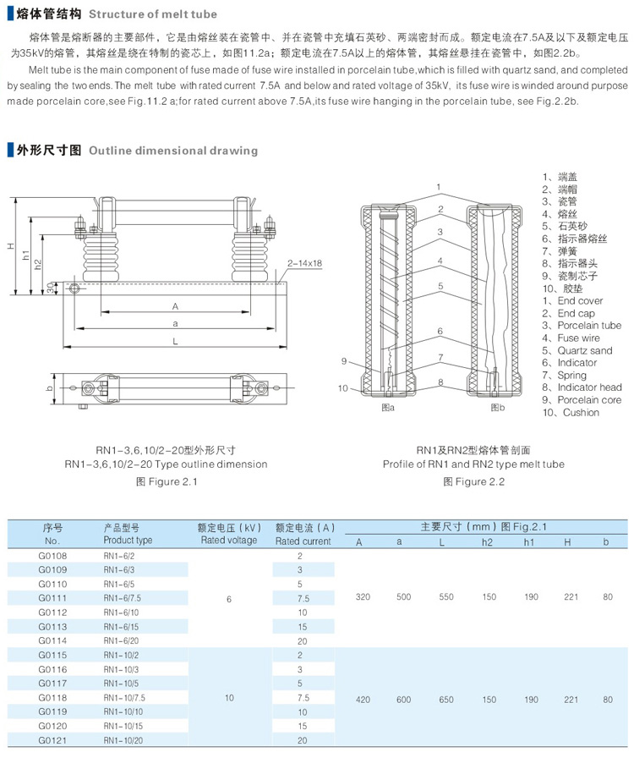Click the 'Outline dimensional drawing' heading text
(172, 151)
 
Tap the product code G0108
(52, 556)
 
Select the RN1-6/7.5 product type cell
(123, 598)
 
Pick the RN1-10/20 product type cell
(123, 740)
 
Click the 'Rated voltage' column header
(228, 541)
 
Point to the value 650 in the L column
(445, 700)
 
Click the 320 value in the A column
(363, 597)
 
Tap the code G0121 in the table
(52, 740)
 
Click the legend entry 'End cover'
(580, 301)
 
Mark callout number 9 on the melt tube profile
(345, 361)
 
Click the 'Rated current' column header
(303, 541)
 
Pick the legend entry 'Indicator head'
(589, 387)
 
